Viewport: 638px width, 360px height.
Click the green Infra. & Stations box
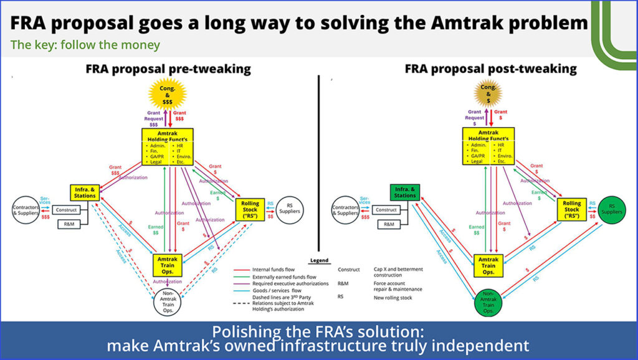click(x=404, y=192)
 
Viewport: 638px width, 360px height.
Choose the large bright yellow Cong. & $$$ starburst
click(x=169, y=97)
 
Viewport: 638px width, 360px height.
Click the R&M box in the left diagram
click(x=69, y=224)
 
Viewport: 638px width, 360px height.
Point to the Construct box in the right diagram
click(x=386, y=210)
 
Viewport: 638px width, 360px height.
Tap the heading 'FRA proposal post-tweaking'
click(x=490, y=69)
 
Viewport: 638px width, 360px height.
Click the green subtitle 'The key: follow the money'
click(x=85, y=45)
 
